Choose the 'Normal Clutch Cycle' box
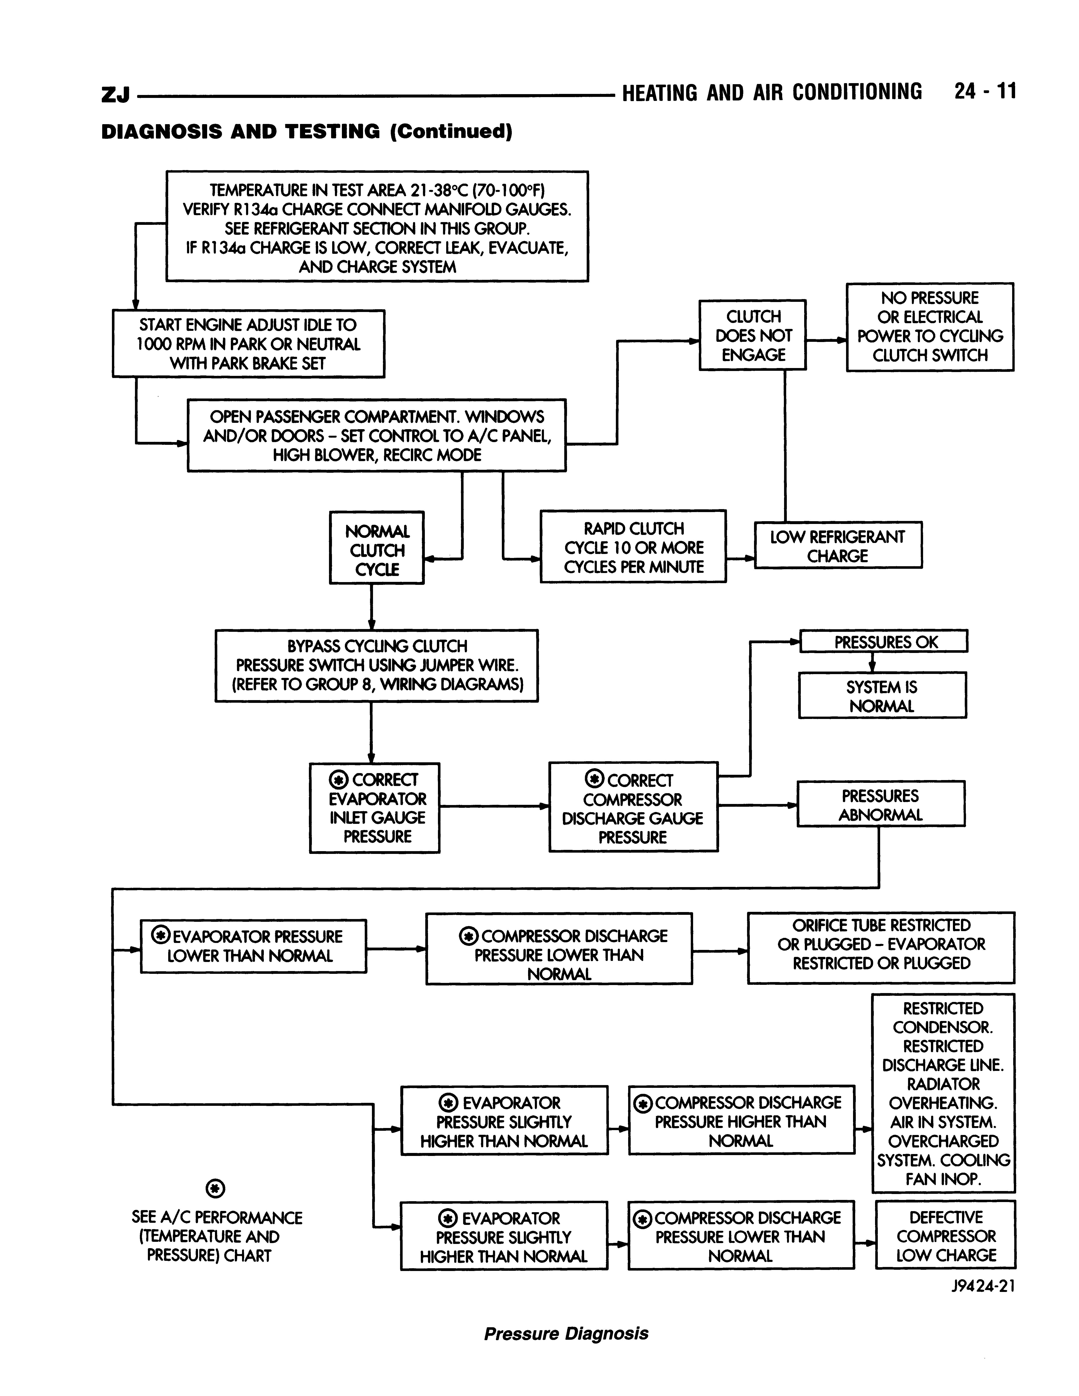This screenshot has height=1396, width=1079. click(x=377, y=548)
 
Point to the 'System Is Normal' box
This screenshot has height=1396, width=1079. click(x=882, y=695)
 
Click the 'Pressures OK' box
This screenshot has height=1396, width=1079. click(x=884, y=641)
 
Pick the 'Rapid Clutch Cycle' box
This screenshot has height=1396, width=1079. click(x=633, y=547)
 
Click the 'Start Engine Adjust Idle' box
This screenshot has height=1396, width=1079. click(x=249, y=344)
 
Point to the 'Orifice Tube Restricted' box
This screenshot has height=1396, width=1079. click(x=881, y=947)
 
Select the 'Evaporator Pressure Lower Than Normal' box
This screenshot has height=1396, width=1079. click(x=253, y=946)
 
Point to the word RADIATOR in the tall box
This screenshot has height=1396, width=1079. click(x=943, y=1084)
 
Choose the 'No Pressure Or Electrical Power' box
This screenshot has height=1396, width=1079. click(x=930, y=327)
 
